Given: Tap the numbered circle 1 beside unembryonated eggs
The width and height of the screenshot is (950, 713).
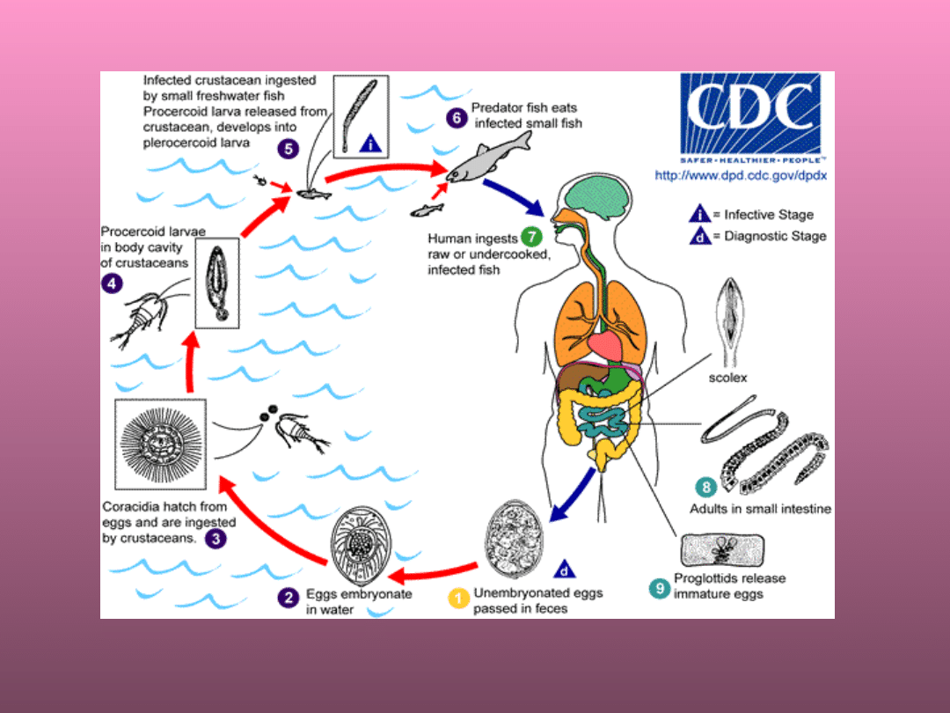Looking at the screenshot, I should pyautogui.click(x=458, y=598).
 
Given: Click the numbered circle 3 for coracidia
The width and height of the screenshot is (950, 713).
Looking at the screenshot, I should pyautogui.click(x=216, y=536).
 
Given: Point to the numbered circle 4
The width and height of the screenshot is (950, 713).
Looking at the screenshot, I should pyautogui.click(x=112, y=283).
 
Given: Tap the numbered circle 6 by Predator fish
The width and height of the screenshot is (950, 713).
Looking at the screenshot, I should pyautogui.click(x=456, y=116).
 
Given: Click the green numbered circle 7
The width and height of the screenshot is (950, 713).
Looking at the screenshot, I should pyautogui.click(x=530, y=237).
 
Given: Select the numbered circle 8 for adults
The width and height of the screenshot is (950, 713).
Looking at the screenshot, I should pyautogui.click(x=704, y=487).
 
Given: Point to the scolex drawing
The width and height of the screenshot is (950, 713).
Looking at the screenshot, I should pyautogui.click(x=733, y=320).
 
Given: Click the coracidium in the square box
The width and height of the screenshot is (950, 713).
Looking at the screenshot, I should pyautogui.click(x=160, y=444).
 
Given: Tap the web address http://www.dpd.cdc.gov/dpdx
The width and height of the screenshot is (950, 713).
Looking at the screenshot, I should pyautogui.click(x=741, y=176).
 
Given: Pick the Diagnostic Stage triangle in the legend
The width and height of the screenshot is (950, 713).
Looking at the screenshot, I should pyautogui.click(x=700, y=236).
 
